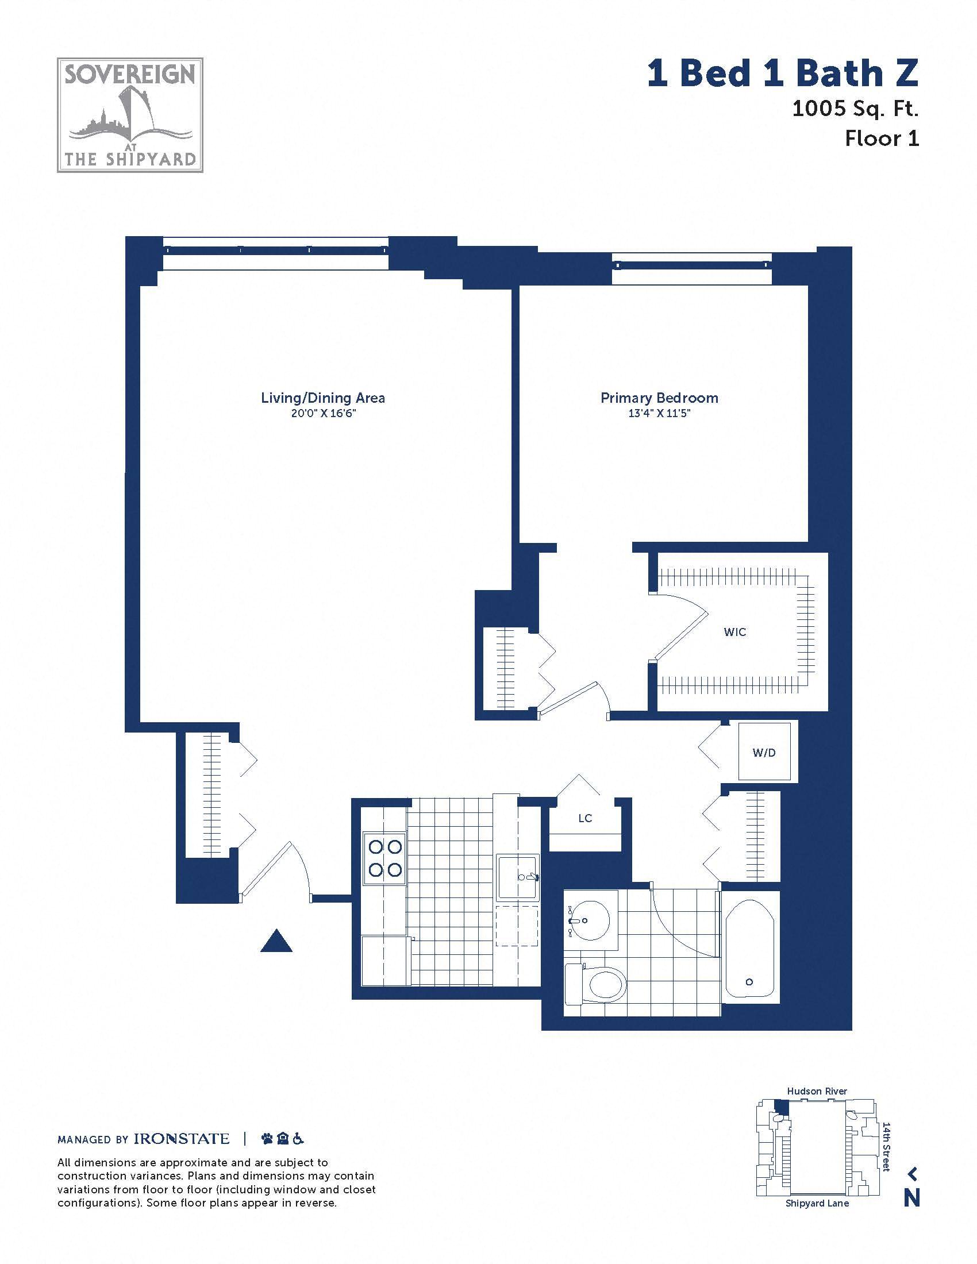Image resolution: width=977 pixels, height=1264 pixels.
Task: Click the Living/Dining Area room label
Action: click(323, 398)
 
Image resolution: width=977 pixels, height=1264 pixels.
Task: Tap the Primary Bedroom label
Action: click(659, 398)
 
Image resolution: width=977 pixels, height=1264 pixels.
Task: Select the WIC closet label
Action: click(735, 632)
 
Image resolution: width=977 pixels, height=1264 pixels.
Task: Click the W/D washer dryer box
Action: click(764, 753)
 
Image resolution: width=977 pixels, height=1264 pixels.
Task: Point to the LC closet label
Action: click(585, 818)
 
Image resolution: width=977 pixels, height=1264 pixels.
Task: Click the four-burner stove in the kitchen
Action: click(385, 858)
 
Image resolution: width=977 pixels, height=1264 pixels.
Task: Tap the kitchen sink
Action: click(518, 876)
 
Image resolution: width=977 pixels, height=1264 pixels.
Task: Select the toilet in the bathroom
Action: click(595, 983)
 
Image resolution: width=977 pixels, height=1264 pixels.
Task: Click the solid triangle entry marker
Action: click(276, 940)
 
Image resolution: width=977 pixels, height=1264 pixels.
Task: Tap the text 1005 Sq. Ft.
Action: click(856, 108)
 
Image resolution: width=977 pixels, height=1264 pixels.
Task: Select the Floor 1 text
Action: click(882, 138)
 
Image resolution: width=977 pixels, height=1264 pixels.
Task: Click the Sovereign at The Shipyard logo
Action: click(130, 115)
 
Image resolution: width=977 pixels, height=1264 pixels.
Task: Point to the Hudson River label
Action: click(817, 1091)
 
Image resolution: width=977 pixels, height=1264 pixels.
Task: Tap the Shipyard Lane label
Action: click(817, 1203)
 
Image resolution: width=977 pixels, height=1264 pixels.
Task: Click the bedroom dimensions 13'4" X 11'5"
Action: click(659, 413)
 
